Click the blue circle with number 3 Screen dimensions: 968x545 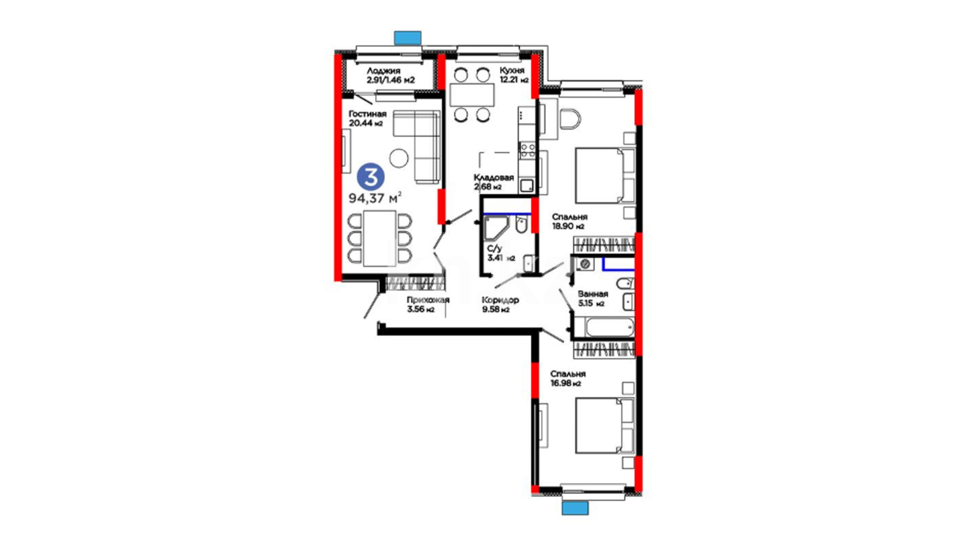coord(371,177)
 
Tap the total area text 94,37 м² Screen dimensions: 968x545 coord(375,197)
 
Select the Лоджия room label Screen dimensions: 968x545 coord(384,71)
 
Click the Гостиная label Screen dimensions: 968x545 coord(368,114)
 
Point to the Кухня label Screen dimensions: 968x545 coord(512,70)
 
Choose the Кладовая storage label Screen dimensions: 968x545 coord(494,178)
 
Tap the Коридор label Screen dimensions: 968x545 coord(500,300)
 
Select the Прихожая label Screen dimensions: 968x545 coord(428,300)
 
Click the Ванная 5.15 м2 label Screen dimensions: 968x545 coord(593,299)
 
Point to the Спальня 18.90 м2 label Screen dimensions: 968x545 coord(570,222)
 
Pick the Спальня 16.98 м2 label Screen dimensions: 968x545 coord(568,378)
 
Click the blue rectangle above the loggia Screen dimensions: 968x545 coord(407,37)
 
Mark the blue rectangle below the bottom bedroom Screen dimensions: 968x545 coord(575,508)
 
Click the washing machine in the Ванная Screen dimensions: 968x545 coord(585,264)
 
